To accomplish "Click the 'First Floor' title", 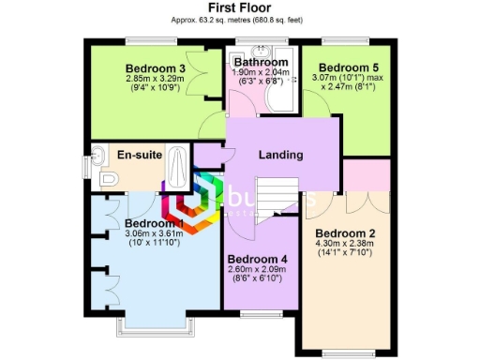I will click(240, 7).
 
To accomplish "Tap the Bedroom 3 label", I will click(156, 68).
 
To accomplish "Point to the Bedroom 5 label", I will click(349, 68).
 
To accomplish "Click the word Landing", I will click(280, 155).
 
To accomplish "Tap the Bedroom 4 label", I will click(257, 259).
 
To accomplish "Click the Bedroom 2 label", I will click(345, 233).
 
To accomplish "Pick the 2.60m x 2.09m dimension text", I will click(257, 270).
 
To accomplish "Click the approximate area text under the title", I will click(240, 19).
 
